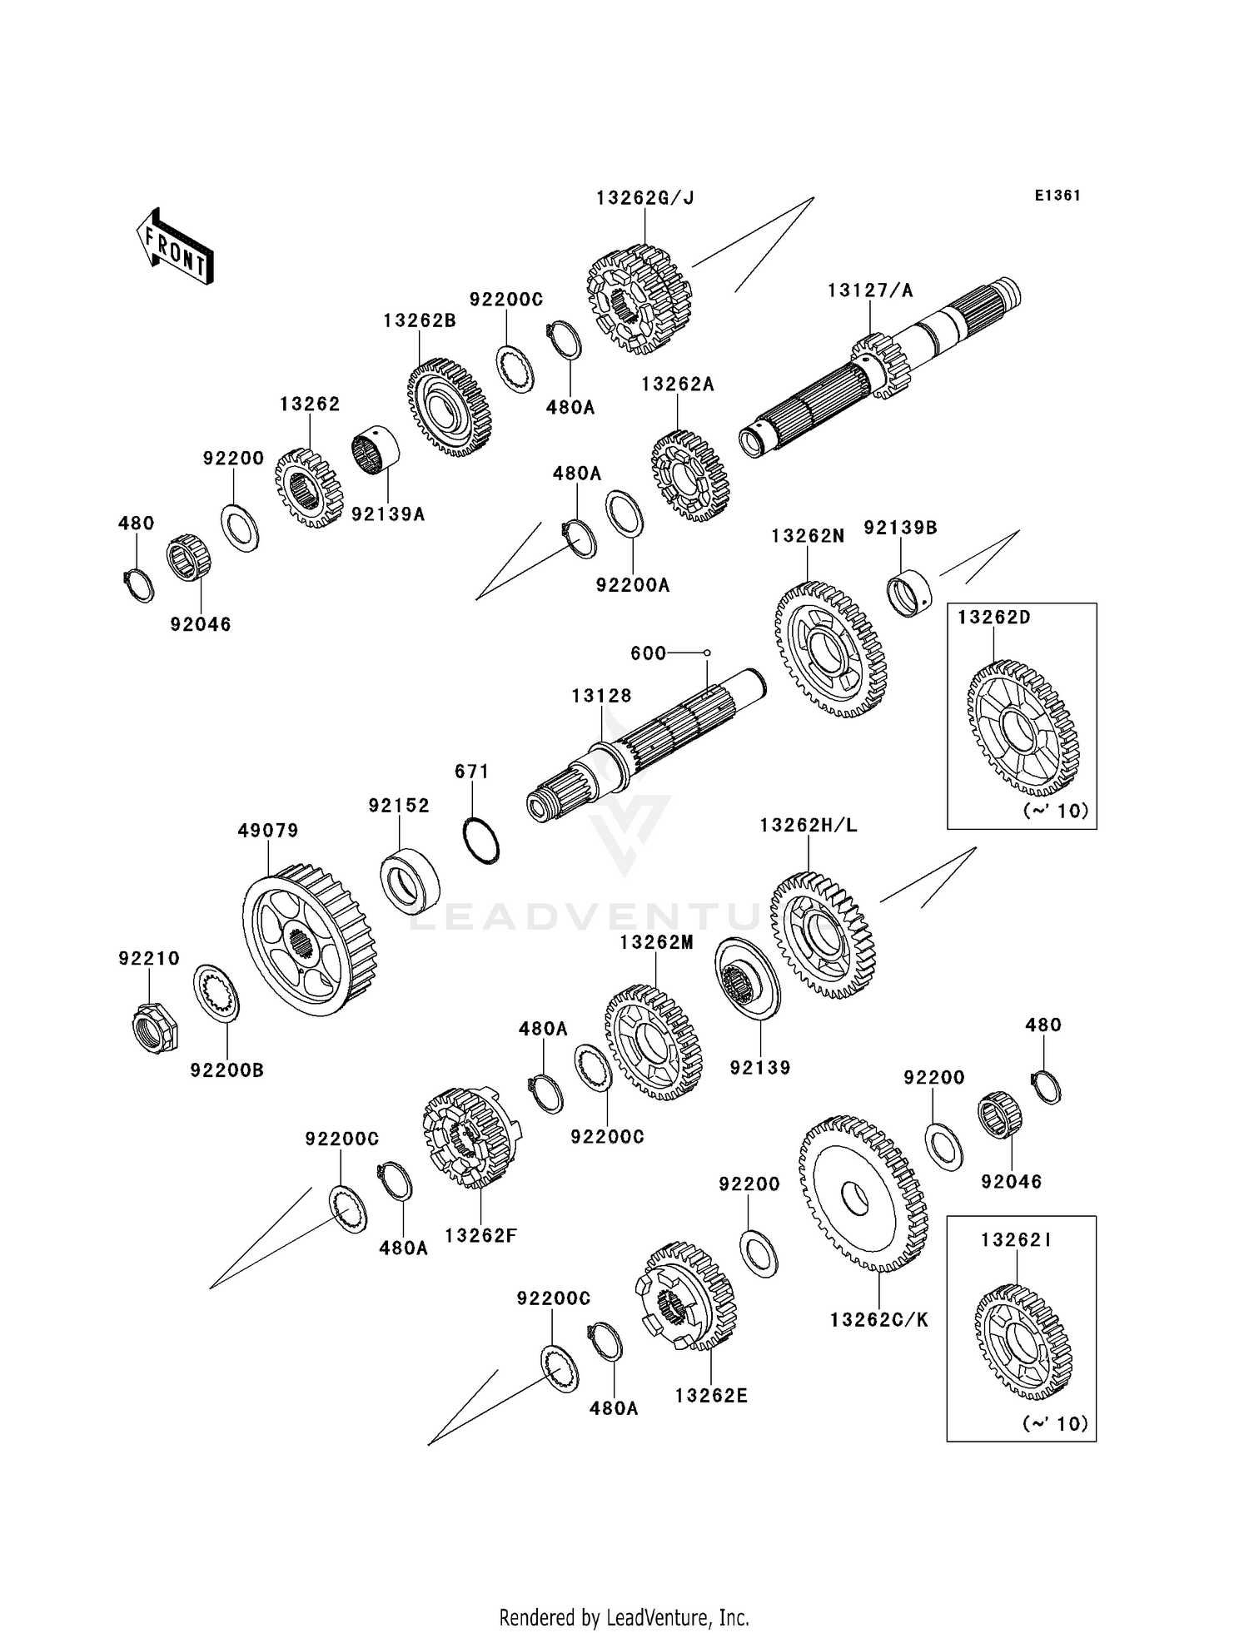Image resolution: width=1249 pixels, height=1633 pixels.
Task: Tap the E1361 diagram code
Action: tap(1057, 196)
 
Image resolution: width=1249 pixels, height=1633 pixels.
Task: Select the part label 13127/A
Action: tap(870, 290)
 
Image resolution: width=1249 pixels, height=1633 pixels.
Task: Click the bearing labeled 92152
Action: tap(410, 878)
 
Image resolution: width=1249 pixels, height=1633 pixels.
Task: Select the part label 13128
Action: tap(601, 696)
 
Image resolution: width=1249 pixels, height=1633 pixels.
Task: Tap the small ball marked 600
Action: tap(707, 653)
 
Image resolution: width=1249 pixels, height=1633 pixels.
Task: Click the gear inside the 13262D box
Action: tap(1023, 728)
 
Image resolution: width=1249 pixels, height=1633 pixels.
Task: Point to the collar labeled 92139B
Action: tap(908, 593)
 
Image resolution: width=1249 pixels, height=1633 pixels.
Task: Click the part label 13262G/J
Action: tap(645, 198)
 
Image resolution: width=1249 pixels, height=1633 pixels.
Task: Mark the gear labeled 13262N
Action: tap(830, 649)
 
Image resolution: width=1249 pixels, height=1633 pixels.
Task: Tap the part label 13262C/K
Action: tap(879, 1320)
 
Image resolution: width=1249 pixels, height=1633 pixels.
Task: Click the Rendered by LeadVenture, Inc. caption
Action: tap(624, 1617)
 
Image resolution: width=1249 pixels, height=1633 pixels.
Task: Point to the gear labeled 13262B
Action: tap(450, 408)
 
